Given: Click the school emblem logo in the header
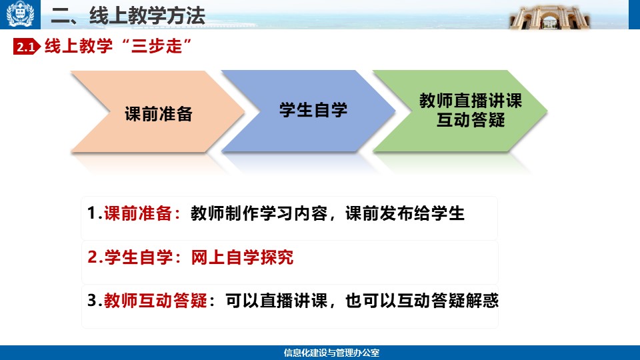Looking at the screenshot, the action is [20, 14].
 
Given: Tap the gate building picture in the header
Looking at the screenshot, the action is [550, 17].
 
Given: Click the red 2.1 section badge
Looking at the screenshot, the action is [27, 47].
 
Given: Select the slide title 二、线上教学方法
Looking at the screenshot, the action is [128, 16].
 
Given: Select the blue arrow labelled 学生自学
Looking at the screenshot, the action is [309, 111].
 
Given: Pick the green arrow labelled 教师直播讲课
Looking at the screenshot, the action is [461, 111].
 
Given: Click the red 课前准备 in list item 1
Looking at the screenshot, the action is [137, 213].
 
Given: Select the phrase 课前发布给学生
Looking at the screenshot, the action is [405, 213].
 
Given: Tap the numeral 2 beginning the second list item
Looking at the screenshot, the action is [92, 257].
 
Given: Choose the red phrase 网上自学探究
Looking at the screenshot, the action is [242, 257].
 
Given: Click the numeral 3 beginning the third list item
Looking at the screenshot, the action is [92, 301].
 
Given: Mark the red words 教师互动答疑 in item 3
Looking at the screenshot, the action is [155, 301].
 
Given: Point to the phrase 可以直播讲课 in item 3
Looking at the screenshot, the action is [276, 301].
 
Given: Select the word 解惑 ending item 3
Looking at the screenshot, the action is [482, 301].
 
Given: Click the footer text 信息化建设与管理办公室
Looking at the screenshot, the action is [331, 353].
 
